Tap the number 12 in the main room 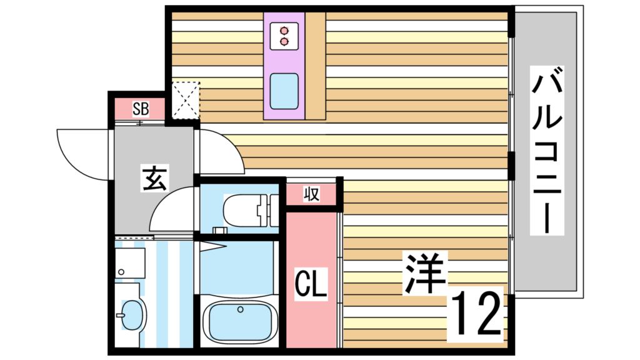[476, 313]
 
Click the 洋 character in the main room [424, 273]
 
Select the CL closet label [311, 285]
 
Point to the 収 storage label [311, 194]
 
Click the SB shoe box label [140, 109]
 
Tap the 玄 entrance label [154, 179]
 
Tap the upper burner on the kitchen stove [285, 30]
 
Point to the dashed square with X [186, 100]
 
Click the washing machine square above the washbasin [130, 262]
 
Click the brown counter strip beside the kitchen [316, 66]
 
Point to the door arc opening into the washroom [172, 212]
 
